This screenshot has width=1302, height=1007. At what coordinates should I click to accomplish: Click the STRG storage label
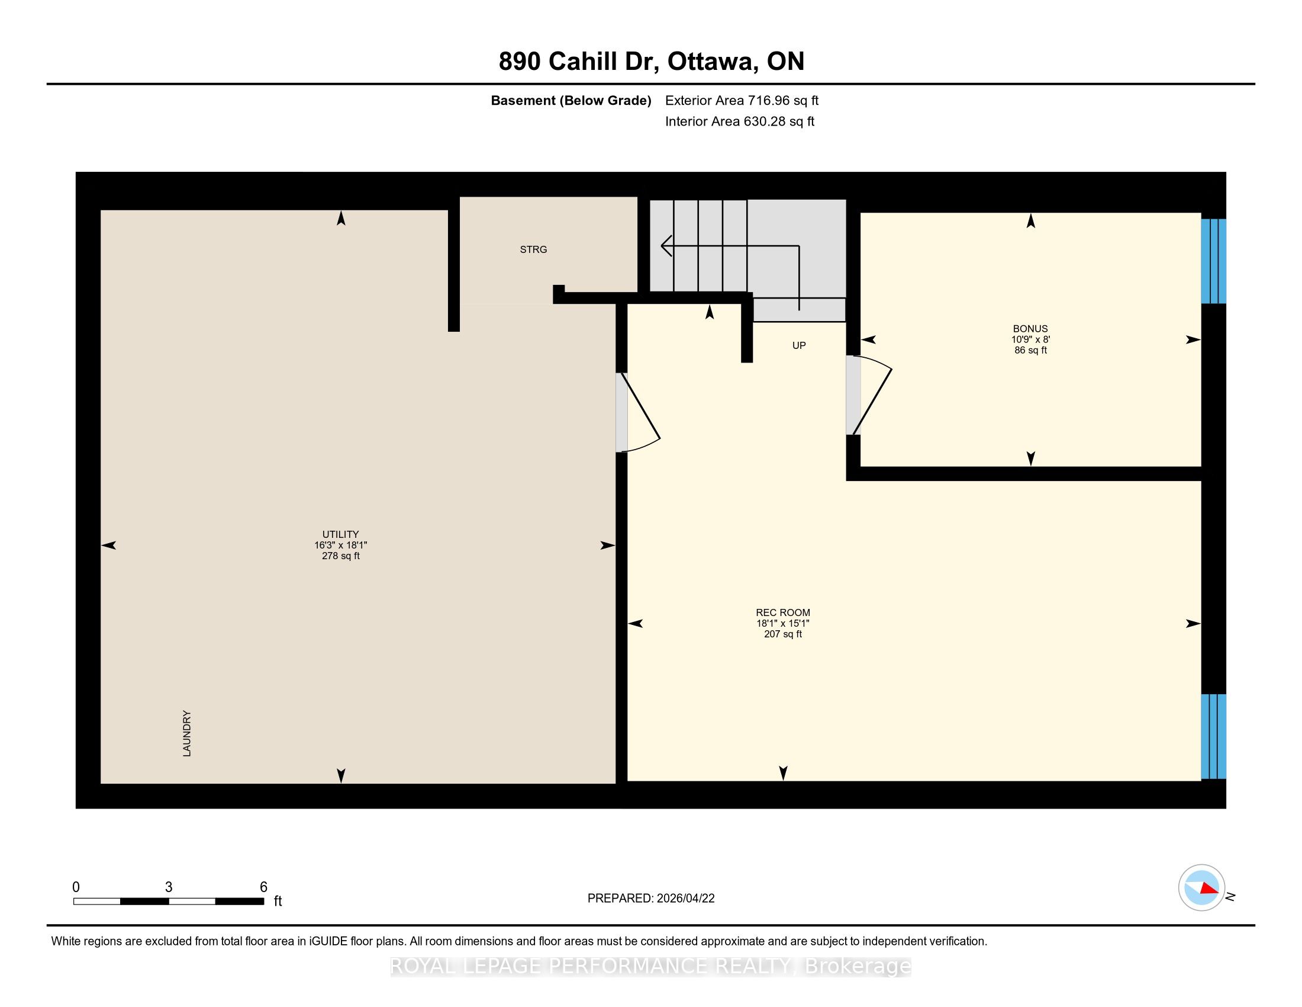[533, 249]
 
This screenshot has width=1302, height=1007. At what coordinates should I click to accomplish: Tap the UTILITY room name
[340, 534]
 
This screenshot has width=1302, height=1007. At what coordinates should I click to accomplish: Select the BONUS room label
[1030, 329]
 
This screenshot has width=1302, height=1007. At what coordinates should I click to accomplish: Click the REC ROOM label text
[783, 612]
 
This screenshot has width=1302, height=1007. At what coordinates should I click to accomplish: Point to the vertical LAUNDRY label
[186, 734]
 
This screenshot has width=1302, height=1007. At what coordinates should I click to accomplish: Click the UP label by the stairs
[799, 345]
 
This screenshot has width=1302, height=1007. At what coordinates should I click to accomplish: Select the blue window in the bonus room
[1213, 261]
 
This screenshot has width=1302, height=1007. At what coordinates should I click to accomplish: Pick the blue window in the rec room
[1213, 736]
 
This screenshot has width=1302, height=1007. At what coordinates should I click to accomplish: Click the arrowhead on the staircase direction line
[666, 246]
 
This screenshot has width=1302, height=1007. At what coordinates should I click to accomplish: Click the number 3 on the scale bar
[169, 887]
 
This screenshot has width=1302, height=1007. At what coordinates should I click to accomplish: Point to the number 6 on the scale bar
[263, 887]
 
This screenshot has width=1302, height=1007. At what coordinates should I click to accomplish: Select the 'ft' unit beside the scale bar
[278, 901]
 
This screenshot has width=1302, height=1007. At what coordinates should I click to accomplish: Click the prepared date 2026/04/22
[685, 899]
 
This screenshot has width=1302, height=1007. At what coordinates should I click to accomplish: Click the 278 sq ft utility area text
[340, 556]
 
